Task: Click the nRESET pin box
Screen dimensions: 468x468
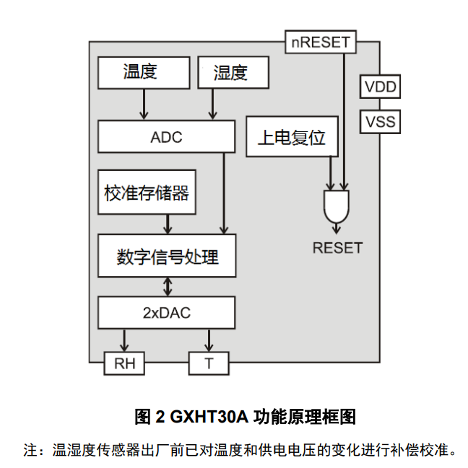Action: [x=321, y=42]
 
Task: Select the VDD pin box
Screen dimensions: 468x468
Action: [x=380, y=87]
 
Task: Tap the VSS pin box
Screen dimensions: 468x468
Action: [x=380, y=121]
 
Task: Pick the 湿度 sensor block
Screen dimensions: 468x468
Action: [x=232, y=73]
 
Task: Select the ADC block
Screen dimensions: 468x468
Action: [x=166, y=136]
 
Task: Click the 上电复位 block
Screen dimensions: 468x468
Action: [x=292, y=136]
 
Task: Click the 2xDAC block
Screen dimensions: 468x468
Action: [x=166, y=313]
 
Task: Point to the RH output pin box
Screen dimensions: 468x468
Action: [x=124, y=363]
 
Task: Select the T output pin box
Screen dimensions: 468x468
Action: [x=209, y=363]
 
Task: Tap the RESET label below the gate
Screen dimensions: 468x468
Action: [x=337, y=248]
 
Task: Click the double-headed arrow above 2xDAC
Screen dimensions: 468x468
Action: [x=168, y=286]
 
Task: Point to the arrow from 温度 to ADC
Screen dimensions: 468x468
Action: [x=144, y=105]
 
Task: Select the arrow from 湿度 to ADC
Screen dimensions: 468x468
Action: [x=212, y=105]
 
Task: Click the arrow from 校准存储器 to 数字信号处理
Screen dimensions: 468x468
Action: [x=168, y=224]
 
